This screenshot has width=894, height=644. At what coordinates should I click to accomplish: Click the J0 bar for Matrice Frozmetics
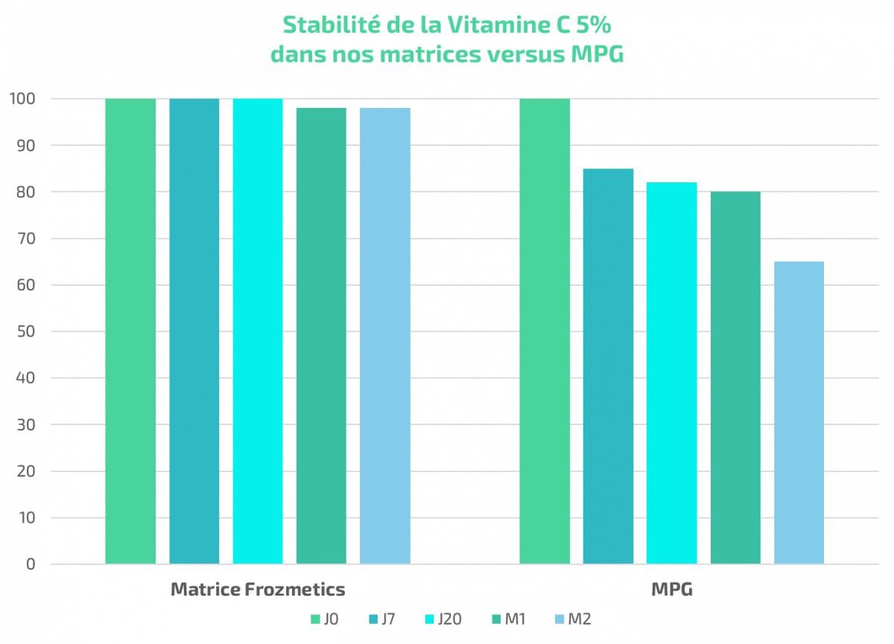click(x=131, y=331)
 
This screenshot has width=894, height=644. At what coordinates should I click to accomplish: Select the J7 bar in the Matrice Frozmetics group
click(x=194, y=331)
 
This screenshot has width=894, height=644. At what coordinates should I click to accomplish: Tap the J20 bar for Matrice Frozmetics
click(x=258, y=331)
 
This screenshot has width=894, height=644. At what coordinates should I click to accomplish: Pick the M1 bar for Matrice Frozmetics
click(x=321, y=335)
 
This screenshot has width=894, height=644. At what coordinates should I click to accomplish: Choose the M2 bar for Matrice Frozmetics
click(x=385, y=335)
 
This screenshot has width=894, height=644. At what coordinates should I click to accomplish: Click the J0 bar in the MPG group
click(x=545, y=331)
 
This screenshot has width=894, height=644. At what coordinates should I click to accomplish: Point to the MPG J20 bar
click(x=671, y=373)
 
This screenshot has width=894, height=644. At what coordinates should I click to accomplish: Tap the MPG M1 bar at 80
click(x=735, y=377)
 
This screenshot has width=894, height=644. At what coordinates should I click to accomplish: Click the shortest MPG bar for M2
click(x=799, y=412)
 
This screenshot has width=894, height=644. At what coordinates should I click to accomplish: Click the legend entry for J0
click(x=325, y=619)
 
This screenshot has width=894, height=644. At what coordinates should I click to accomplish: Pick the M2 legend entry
click(x=573, y=619)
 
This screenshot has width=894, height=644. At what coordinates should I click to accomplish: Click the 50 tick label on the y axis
click(x=27, y=332)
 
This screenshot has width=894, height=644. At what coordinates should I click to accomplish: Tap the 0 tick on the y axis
click(x=31, y=564)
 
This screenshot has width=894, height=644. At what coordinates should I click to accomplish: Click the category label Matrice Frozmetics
click(x=258, y=590)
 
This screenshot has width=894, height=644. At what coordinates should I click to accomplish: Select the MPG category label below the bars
click(x=672, y=590)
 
